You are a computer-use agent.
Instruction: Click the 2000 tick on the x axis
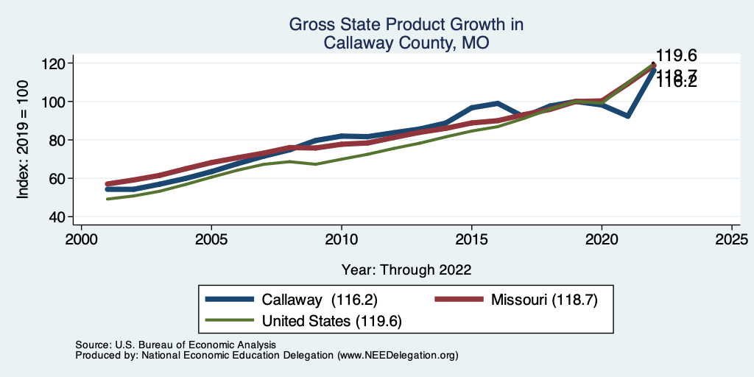(81, 239)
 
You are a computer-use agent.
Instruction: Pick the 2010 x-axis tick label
(341, 239)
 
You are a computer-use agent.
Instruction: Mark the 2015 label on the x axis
(471, 239)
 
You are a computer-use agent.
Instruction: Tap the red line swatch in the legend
(458, 300)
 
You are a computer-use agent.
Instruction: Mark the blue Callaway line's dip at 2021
(627, 116)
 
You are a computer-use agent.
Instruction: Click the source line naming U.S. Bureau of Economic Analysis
(175, 345)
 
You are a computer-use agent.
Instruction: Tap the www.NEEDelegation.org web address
(398, 355)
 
